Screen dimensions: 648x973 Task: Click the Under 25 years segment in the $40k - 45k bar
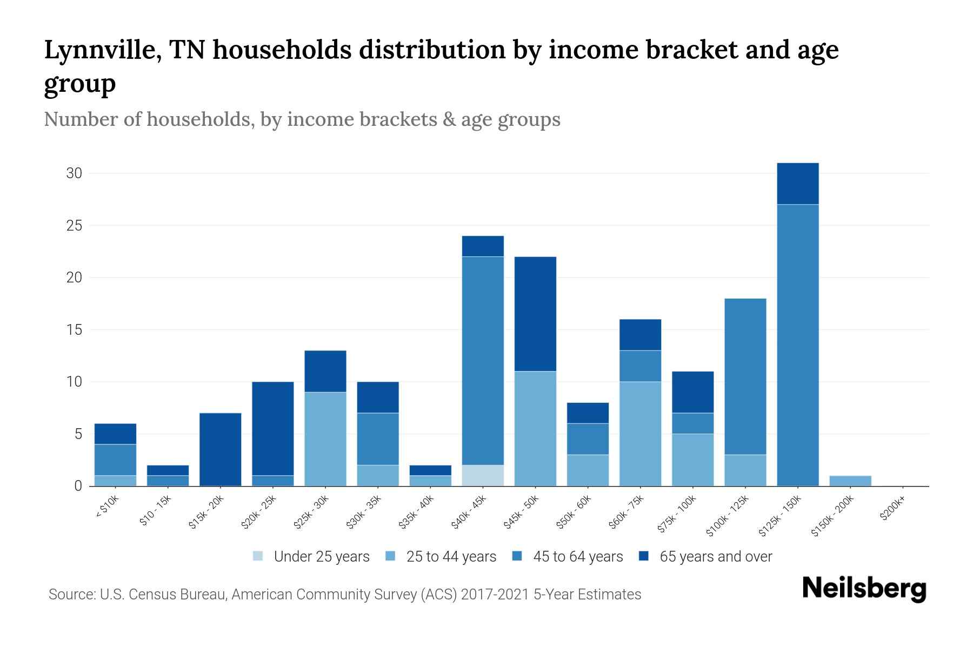[483, 475]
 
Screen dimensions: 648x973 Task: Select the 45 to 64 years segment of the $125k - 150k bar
[797, 346]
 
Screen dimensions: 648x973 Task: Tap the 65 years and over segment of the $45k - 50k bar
[535, 314]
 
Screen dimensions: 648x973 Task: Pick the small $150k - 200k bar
[850, 481]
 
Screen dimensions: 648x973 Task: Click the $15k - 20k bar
[220, 449]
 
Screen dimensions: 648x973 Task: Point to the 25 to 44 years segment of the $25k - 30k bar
[325, 438]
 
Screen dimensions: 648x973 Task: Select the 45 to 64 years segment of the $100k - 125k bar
[745, 376]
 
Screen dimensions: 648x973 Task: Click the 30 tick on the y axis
[74, 173]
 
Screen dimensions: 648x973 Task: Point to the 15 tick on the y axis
[74, 329]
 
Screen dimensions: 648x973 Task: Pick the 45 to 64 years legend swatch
[517, 556]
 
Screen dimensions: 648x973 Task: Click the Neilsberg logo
[864, 589]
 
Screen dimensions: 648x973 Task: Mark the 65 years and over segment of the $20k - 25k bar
[273, 428]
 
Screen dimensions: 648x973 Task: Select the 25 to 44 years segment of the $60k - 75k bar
[640, 434]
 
